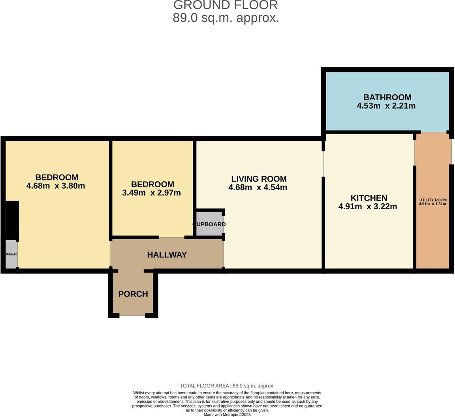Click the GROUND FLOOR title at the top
(226, 5)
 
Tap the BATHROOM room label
(387, 97)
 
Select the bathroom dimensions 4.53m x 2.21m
(386, 106)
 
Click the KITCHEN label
(369, 198)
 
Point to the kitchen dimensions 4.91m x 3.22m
(368, 207)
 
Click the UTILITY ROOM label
(432, 200)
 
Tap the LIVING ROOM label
(259, 179)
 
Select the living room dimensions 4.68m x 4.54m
(258, 188)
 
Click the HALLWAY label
(167, 255)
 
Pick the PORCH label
(133, 294)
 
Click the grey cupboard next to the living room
(210, 224)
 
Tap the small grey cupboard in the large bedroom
(11, 254)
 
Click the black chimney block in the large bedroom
(12, 219)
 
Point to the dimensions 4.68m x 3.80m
(56, 186)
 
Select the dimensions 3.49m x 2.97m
(151, 193)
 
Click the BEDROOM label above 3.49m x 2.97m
(152, 184)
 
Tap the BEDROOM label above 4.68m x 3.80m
(57, 177)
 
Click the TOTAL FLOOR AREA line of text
(227, 386)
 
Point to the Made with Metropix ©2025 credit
(227, 415)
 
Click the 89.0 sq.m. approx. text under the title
(226, 18)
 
